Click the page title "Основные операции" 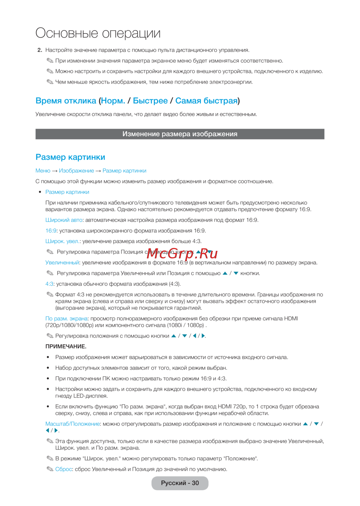[x=98, y=33]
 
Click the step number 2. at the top [x=40, y=50]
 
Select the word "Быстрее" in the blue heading [x=150, y=101]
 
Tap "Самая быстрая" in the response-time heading [x=206, y=101]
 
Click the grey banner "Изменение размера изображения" [x=180, y=134]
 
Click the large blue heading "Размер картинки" [x=70, y=157]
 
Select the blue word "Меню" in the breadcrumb [x=43, y=171]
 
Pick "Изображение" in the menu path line [x=76, y=171]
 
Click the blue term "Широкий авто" [x=64, y=220]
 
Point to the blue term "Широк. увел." [x=62, y=241]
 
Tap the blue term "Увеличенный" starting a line [x=62, y=262]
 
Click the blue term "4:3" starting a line [x=49, y=284]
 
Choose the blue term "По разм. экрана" [x=66, y=318]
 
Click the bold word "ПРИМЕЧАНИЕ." [x=66, y=347]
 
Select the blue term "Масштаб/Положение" [x=72, y=424]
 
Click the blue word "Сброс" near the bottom [x=64, y=469]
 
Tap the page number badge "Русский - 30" [x=180, y=483]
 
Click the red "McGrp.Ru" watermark [x=182, y=253]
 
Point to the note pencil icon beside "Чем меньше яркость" [x=50, y=82]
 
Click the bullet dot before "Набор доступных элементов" [x=48, y=368]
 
